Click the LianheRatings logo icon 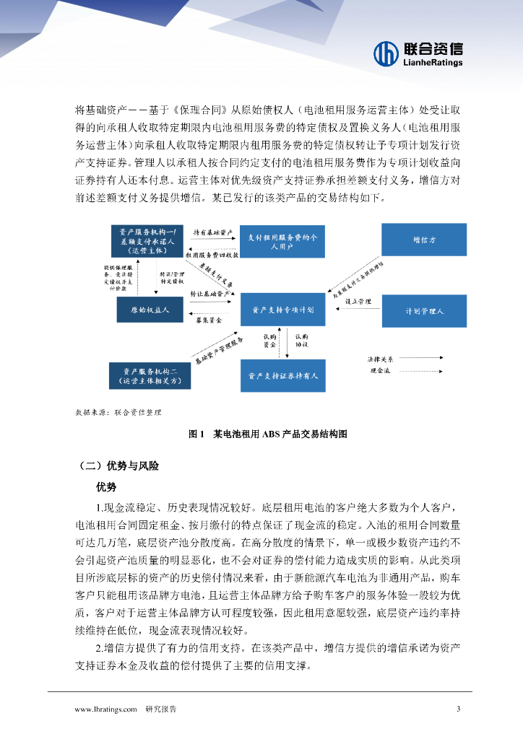point(386,53)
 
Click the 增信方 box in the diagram point(424,240)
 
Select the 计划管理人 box point(424,310)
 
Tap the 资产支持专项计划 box point(283,310)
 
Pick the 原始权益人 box point(150,310)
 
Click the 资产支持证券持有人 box point(283,376)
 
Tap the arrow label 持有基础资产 point(211,233)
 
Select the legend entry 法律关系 point(381,359)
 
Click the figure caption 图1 point(196,434)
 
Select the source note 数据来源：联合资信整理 point(118,412)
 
